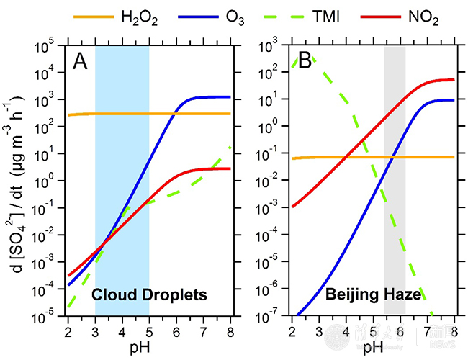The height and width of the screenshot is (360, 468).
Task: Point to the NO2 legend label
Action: [x=426, y=15]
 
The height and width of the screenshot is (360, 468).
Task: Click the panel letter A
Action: [x=81, y=63]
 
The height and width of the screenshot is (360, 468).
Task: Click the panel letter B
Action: [x=305, y=63]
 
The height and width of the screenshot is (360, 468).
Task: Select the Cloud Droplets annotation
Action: [x=149, y=294]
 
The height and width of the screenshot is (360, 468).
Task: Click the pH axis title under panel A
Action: [x=149, y=348]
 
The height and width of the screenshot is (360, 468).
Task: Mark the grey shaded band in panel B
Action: [x=395, y=180]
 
